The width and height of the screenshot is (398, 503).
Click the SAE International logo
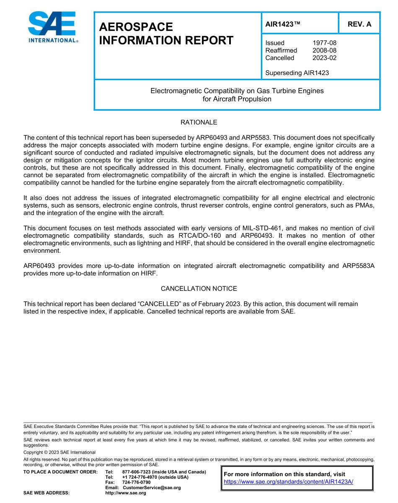click(52, 27)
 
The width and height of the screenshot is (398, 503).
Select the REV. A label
click(359, 24)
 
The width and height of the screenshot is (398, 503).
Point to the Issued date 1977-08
click(324, 43)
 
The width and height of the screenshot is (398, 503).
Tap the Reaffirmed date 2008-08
click(324, 50)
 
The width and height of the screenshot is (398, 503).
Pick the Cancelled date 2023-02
click(324, 58)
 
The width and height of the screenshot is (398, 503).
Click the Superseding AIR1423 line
click(297, 73)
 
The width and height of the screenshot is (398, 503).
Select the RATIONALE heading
click(199, 122)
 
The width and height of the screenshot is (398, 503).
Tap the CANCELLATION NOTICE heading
click(199, 288)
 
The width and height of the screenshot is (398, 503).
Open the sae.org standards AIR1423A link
click(288, 482)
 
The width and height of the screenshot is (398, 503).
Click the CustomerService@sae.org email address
click(152, 487)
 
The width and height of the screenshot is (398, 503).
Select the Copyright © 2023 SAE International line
click(59, 452)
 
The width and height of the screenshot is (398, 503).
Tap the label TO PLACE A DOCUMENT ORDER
click(60, 472)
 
